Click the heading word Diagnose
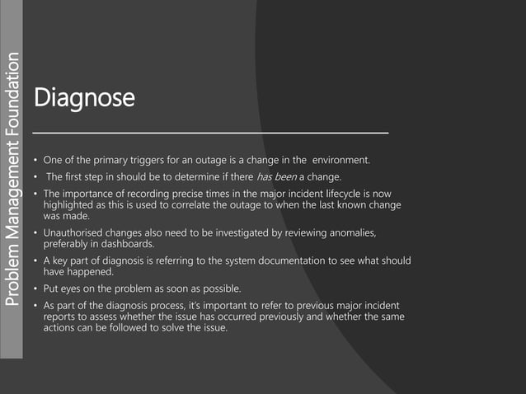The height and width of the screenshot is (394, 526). [83, 99]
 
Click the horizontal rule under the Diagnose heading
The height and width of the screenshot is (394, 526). [210, 132]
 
